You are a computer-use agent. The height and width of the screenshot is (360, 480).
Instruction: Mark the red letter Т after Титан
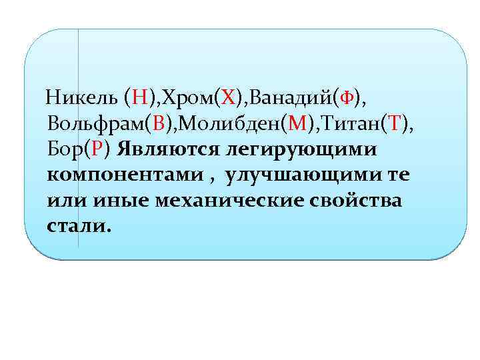pyautogui.click(x=395, y=124)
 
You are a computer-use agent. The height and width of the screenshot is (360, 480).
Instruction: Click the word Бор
pyautogui.click(x=66, y=149)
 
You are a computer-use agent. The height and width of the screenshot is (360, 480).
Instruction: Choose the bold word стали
pyautogui.click(x=76, y=225)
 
